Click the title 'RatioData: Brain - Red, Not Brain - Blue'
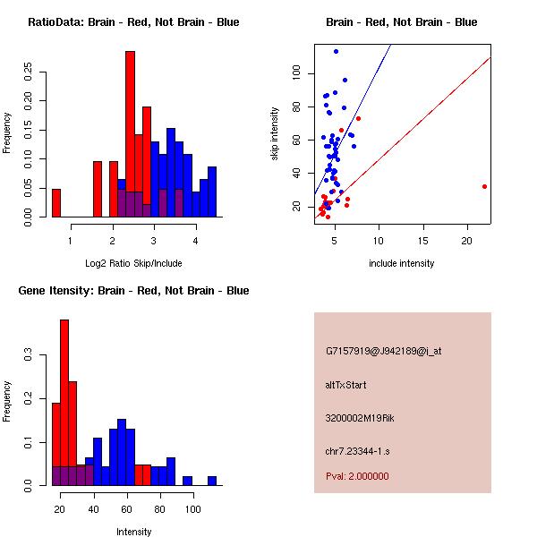133,22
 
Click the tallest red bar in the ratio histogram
130,134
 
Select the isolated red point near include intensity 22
484,186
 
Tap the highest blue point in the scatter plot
336,51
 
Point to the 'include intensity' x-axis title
401,263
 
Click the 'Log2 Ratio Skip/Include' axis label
133,263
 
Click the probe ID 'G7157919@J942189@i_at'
384,351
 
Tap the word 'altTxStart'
346,385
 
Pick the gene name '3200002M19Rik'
359,418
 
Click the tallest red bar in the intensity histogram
64,403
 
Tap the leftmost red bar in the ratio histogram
56,203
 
